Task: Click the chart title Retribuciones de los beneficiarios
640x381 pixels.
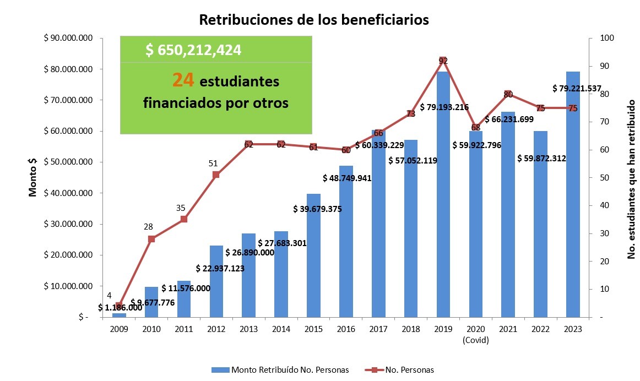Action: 313,20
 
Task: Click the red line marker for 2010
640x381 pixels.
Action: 151,239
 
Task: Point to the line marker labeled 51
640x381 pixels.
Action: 216,175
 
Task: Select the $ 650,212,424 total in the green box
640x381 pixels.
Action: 193,50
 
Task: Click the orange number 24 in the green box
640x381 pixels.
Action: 183,81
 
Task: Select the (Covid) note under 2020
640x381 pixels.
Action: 476,340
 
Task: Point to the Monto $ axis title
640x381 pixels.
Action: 33,177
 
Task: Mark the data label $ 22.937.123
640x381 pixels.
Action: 220,269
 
